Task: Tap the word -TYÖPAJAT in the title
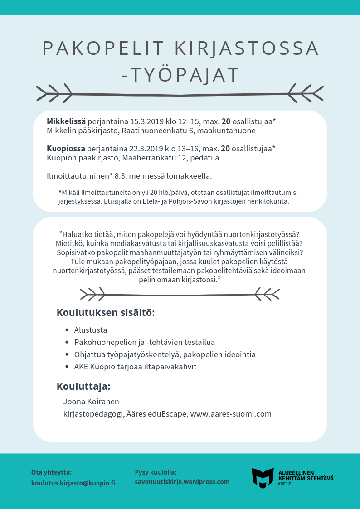click(180, 75)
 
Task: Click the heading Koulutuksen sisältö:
click(106, 313)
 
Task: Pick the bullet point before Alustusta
click(67, 330)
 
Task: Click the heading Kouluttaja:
click(83, 387)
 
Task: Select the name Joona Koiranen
click(91, 401)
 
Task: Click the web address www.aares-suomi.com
click(231, 414)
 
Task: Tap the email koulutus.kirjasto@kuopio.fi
click(73, 483)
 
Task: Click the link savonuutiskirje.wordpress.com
click(182, 482)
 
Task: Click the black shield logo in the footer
click(263, 478)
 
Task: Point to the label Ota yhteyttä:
click(51, 472)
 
